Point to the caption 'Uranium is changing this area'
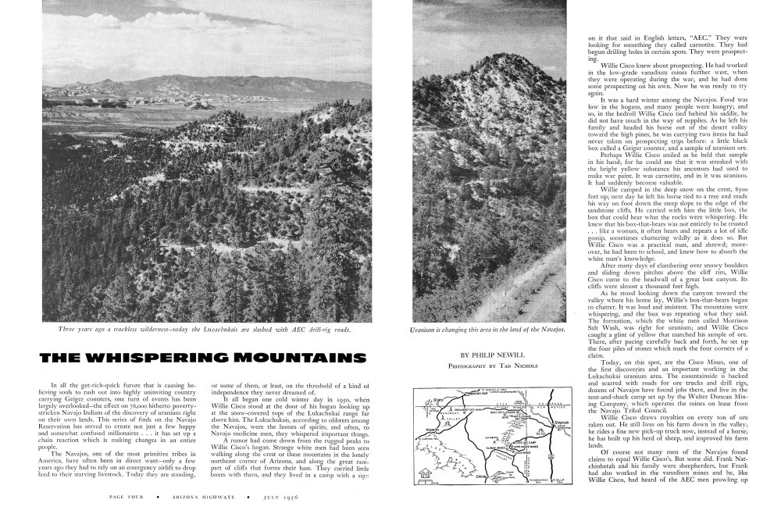487,330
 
